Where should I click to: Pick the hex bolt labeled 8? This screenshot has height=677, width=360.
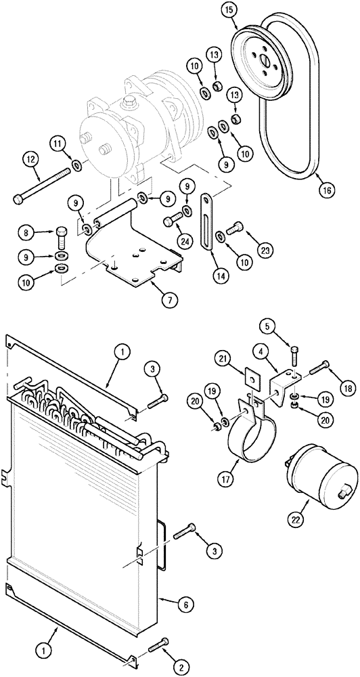(60, 238)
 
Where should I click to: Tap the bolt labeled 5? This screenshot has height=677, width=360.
(295, 358)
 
